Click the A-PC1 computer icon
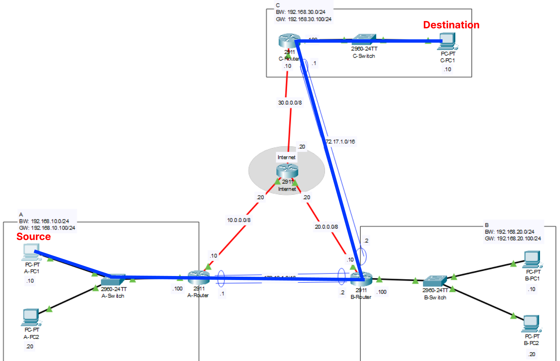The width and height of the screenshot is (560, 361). (x=31, y=252)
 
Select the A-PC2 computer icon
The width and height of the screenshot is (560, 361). (x=31, y=317)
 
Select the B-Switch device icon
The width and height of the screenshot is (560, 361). (x=434, y=281)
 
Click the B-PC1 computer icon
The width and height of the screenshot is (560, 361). (x=532, y=259)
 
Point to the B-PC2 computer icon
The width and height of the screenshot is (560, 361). (x=531, y=324)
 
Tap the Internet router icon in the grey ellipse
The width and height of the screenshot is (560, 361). (x=287, y=171)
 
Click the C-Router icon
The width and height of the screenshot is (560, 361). (x=289, y=41)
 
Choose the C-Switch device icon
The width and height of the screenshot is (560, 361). (x=364, y=39)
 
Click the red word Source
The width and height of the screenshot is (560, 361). (x=33, y=237)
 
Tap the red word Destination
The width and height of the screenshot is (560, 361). (x=451, y=25)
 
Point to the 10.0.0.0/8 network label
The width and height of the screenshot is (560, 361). (x=239, y=220)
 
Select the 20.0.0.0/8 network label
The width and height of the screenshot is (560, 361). (x=326, y=227)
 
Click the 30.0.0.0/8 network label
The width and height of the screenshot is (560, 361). (x=290, y=103)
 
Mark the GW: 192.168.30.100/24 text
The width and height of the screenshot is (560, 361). (x=303, y=19)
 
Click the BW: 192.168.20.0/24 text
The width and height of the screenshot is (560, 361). (x=509, y=232)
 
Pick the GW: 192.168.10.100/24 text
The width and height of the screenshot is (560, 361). (x=47, y=228)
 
